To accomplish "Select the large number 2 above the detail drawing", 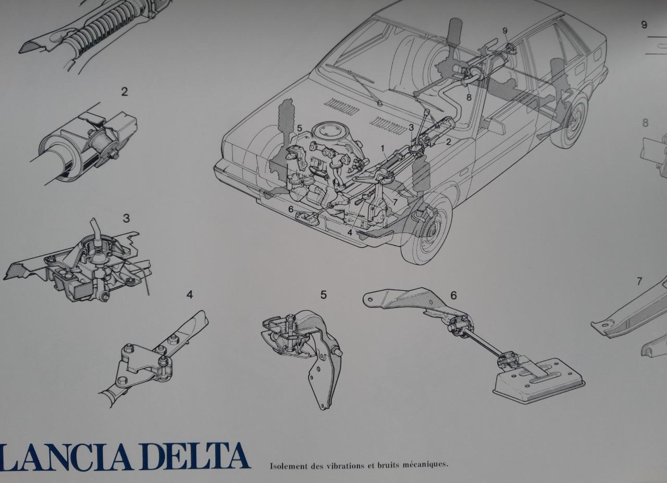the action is pyautogui.click(x=125, y=92).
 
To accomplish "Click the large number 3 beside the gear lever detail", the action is pyautogui.click(x=126, y=218).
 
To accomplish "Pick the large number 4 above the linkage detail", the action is pyautogui.click(x=190, y=295).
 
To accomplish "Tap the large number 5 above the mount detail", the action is pyautogui.click(x=324, y=295).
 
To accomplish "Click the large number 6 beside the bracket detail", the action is pyautogui.click(x=453, y=296).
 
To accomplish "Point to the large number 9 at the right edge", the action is pyautogui.click(x=644, y=24).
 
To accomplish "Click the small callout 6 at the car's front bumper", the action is pyautogui.click(x=291, y=209).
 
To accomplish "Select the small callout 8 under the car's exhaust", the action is pyautogui.click(x=469, y=97).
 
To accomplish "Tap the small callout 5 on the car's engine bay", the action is pyautogui.click(x=299, y=128).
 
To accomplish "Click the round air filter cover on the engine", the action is pyautogui.click(x=329, y=133).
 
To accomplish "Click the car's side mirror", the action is pyautogui.click(x=491, y=125).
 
